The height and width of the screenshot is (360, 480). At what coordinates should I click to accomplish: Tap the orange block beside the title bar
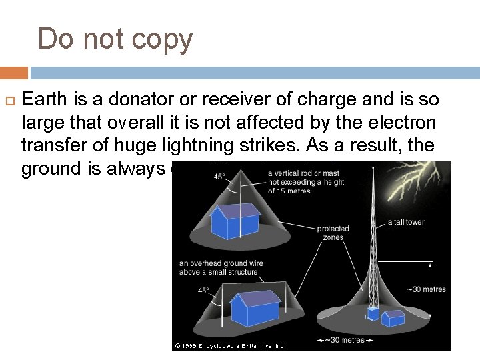click(14, 73)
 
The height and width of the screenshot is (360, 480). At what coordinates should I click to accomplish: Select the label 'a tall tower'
click(405, 222)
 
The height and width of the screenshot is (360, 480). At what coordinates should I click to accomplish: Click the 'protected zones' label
click(333, 233)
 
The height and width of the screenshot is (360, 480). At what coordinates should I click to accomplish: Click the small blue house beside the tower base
click(393, 318)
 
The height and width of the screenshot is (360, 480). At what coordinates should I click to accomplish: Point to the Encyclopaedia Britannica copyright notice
click(230, 345)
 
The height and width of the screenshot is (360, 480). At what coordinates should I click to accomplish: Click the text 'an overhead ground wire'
click(221, 263)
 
